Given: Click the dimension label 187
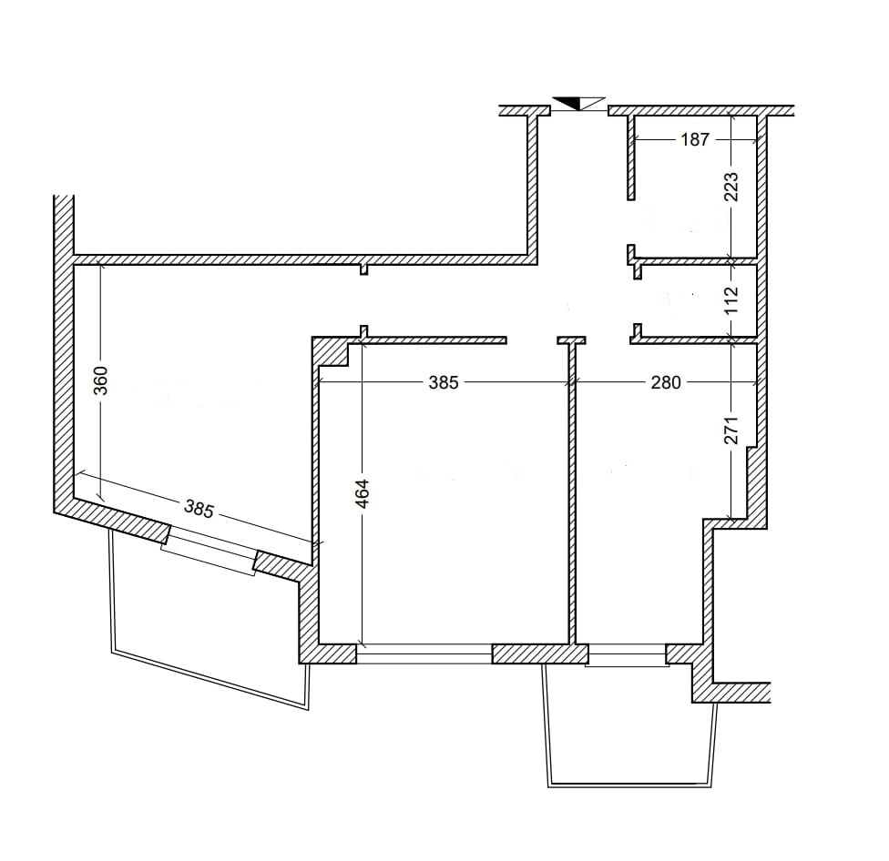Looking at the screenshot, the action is [694, 139].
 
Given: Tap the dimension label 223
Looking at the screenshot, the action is [731, 187].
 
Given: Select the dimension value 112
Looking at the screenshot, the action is [731, 300].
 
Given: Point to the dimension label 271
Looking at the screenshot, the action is [731, 430].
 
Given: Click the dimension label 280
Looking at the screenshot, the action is [666, 383].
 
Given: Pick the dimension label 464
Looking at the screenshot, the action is [363, 492].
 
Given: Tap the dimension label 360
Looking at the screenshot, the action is [100, 380].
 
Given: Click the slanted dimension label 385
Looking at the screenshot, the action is [199, 509].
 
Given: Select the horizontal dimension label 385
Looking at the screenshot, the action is [444, 383].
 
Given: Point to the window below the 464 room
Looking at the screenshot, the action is [424, 653].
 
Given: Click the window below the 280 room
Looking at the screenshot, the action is [627, 656].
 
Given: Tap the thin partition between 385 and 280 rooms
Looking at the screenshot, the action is [572, 492].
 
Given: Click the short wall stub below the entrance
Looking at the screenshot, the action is [571, 339].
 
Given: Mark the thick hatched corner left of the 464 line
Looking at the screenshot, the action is [332, 351].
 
